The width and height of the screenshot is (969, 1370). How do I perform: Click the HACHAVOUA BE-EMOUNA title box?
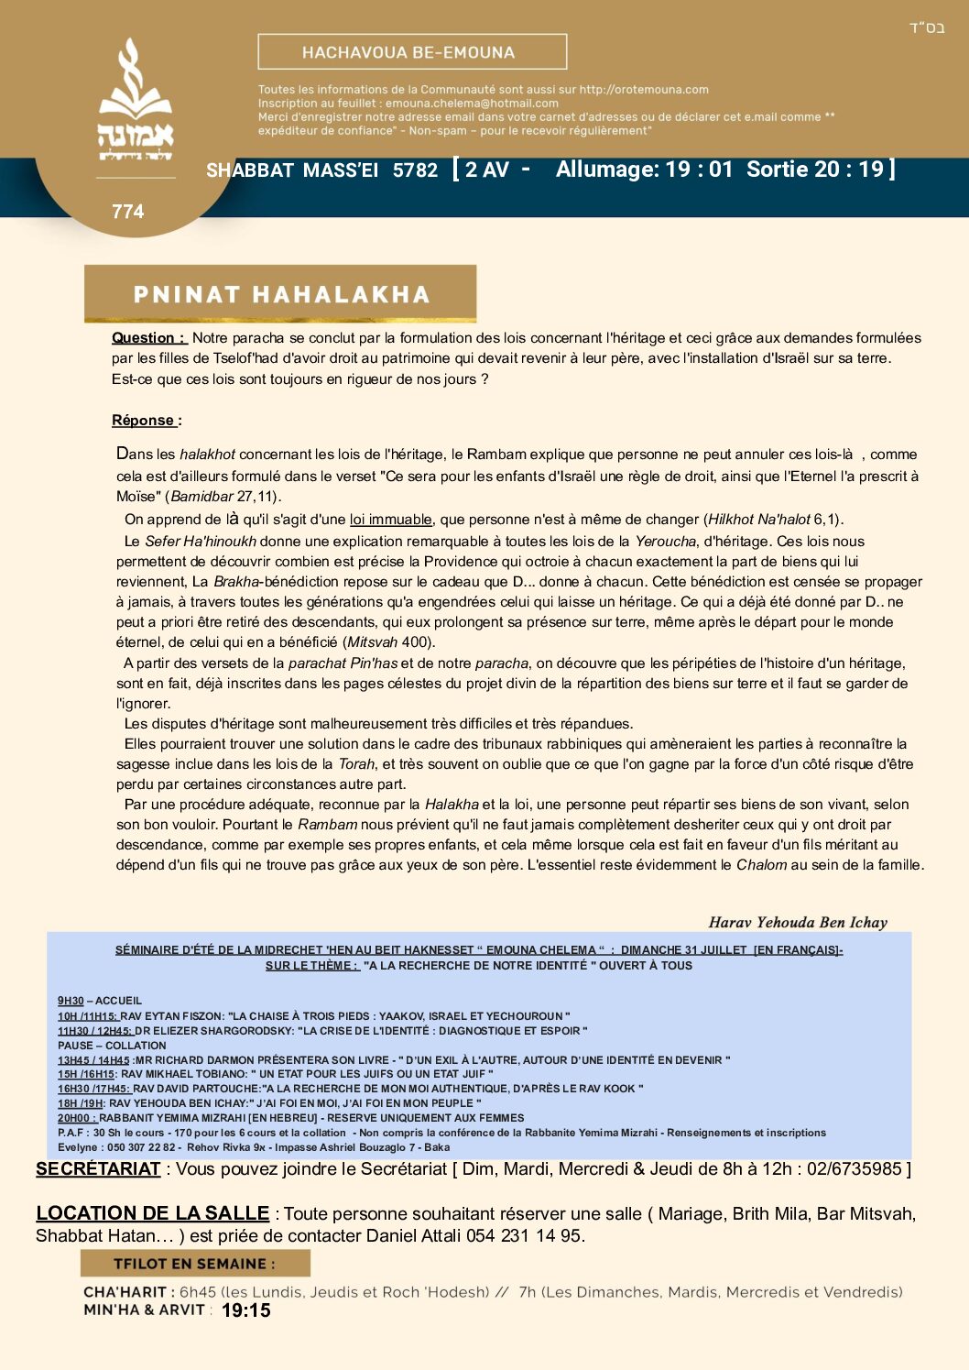[x=412, y=52]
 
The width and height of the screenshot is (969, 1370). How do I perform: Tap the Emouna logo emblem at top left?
[x=136, y=101]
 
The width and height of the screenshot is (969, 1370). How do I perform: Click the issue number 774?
[x=128, y=212]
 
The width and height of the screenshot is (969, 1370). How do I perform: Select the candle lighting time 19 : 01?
[x=699, y=170]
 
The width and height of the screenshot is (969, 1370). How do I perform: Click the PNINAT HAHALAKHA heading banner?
[x=280, y=294]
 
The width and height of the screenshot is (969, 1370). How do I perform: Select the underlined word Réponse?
[x=144, y=421]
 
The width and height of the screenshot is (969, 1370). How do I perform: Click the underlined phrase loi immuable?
[x=390, y=520]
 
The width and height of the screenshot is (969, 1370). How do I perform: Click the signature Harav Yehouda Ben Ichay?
[x=798, y=923]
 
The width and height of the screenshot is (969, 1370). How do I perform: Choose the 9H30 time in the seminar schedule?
[x=71, y=1001]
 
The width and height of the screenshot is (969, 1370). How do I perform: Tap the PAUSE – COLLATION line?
[x=112, y=1046]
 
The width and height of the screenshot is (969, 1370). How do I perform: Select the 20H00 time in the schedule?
[x=73, y=1118]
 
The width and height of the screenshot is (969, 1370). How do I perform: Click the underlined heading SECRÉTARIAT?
[x=98, y=1169]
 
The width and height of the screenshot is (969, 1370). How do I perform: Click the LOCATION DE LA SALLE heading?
[x=152, y=1213]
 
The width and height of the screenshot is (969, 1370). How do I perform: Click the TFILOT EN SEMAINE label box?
[x=195, y=1264]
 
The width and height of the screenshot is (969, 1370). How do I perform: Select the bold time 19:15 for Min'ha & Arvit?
[x=246, y=1311]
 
